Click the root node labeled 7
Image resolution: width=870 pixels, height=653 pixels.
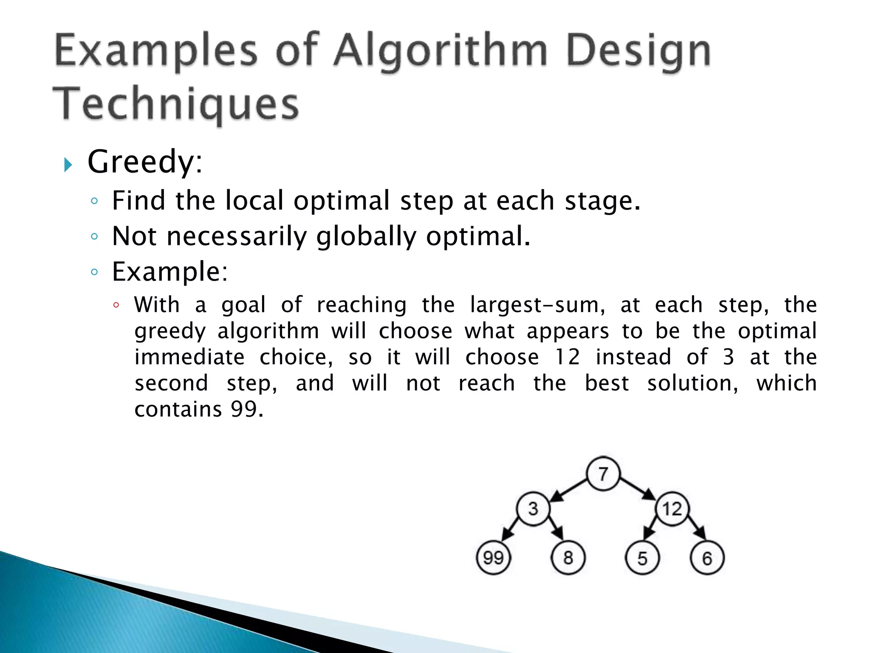(603, 474)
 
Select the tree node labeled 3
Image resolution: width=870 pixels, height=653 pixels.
(533, 508)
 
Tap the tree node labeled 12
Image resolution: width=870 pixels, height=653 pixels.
(672, 508)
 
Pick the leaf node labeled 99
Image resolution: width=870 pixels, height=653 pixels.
(493, 558)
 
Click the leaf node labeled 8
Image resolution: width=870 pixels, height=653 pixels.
(568, 558)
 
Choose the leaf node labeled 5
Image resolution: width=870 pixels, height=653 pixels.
(642, 558)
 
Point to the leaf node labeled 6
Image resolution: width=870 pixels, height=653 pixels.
(707, 558)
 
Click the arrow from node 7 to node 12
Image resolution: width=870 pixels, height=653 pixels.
(638, 489)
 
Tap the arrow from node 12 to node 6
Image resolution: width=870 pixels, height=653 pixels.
(697, 528)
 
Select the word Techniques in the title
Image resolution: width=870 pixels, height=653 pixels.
(176, 104)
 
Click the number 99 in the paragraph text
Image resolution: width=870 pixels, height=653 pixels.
(244, 409)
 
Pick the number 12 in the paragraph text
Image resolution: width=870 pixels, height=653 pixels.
(567, 357)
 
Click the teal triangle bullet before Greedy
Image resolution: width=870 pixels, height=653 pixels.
(68, 165)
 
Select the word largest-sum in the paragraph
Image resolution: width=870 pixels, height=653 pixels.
(537, 305)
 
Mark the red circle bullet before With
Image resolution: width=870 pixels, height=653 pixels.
(116, 305)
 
